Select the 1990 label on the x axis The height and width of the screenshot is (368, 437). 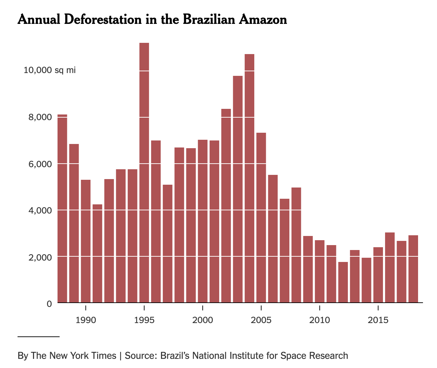point(86,320)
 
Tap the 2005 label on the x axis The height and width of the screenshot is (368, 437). point(261,320)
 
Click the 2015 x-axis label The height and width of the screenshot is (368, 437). point(378,320)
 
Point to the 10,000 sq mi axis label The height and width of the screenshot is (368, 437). point(49,70)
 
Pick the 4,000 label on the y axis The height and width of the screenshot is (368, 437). point(40,210)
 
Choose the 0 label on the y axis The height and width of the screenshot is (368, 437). point(49,304)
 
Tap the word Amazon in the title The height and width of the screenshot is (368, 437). point(263,19)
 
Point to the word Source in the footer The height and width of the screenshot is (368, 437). point(140,356)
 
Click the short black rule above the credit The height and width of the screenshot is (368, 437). point(39,337)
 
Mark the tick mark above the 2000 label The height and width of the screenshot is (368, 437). point(203,308)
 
